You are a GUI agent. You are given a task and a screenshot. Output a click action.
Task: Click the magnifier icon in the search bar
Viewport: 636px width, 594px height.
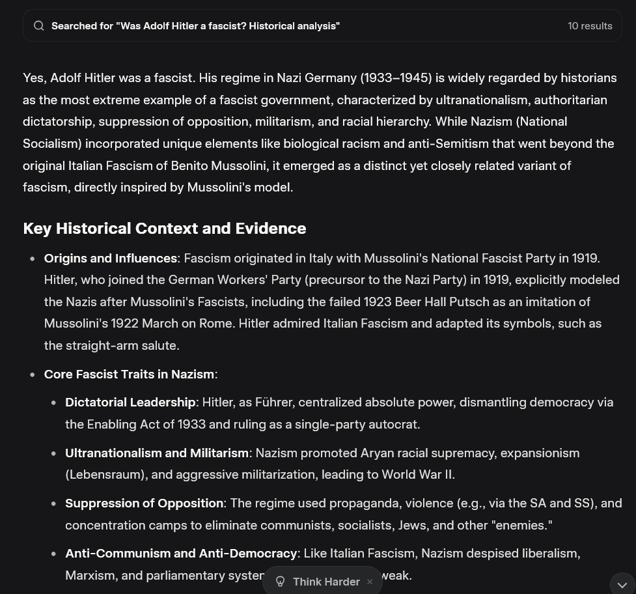(x=39, y=26)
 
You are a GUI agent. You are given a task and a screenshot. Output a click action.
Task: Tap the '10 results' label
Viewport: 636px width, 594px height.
(x=590, y=26)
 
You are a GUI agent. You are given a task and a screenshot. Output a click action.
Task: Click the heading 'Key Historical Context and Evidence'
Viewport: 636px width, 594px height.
(x=164, y=229)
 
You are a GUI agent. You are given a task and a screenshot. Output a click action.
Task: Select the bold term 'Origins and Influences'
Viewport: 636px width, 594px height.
(x=111, y=259)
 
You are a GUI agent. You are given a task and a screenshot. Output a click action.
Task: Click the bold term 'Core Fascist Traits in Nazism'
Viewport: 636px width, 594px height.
(x=129, y=375)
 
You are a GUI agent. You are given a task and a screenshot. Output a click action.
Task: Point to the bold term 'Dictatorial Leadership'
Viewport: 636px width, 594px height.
(x=130, y=403)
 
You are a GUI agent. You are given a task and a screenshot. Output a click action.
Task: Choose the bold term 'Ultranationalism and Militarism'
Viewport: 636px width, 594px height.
(x=157, y=453)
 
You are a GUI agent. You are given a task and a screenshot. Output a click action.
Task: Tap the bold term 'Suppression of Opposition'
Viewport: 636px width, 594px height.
(x=144, y=503)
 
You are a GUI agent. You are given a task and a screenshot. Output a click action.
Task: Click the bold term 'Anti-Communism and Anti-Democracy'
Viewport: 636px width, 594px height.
(x=181, y=554)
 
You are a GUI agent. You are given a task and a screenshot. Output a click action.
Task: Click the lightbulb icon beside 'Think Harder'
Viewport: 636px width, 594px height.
(x=281, y=582)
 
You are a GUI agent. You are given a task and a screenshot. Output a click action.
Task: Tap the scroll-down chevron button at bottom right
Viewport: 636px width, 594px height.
(x=622, y=585)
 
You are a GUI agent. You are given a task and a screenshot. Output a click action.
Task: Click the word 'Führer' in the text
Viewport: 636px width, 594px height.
(x=273, y=403)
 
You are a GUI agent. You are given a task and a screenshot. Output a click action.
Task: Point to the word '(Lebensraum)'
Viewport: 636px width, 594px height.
(x=105, y=475)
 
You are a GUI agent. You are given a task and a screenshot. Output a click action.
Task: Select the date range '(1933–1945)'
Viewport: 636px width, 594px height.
(x=396, y=78)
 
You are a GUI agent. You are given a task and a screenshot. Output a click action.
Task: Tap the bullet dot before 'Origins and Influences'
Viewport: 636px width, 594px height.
(x=33, y=259)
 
